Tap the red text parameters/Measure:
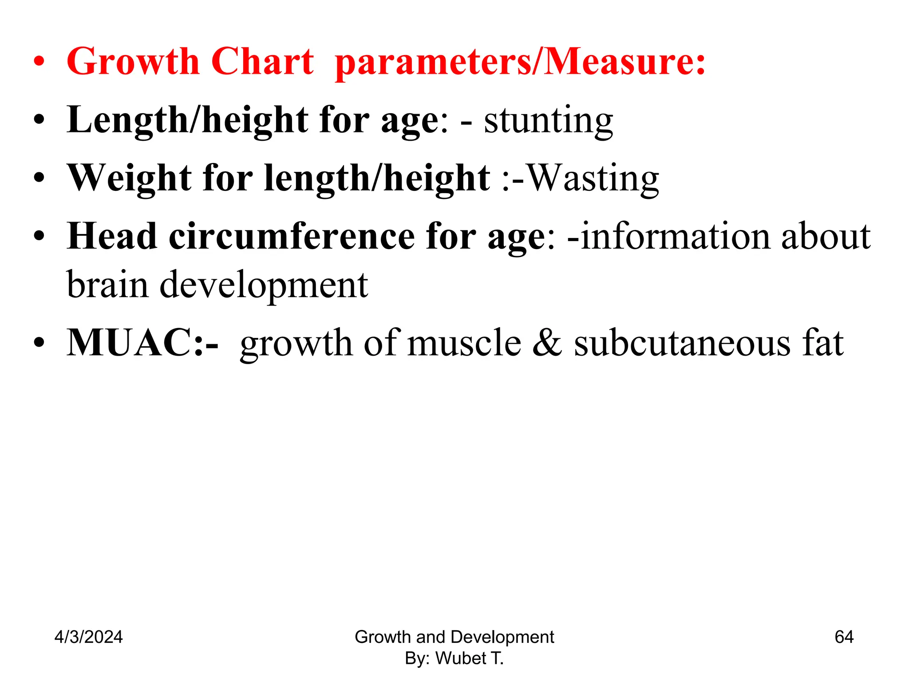click(x=520, y=62)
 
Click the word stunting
click(x=549, y=121)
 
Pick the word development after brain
click(x=264, y=285)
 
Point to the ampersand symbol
click(x=547, y=342)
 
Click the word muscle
click(x=464, y=342)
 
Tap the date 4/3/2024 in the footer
click(x=88, y=637)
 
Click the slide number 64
click(x=844, y=637)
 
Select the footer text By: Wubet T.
click(x=454, y=658)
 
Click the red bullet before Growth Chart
click(x=39, y=62)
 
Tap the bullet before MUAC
click(x=39, y=343)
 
